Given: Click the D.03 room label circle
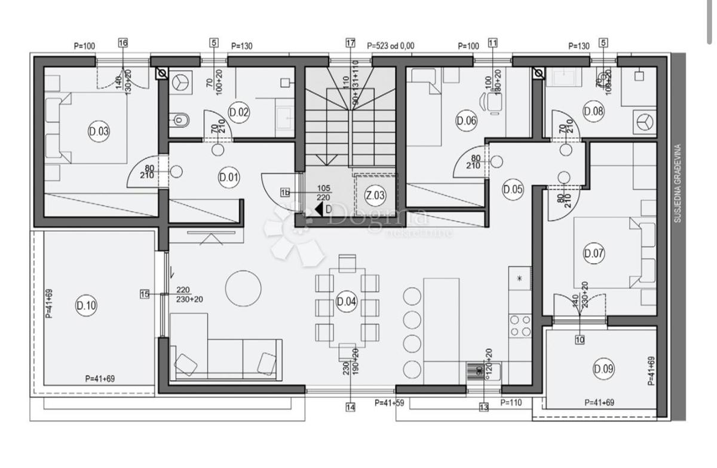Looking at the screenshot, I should [99, 132].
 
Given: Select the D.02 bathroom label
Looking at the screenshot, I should [238, 111].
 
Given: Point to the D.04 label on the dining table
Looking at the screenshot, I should [347, 301].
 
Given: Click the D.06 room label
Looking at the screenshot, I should [466, 121].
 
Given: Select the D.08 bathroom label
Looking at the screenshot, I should [593, 111].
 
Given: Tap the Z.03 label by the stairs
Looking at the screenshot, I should [375, 195].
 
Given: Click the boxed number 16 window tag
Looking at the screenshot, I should [123, 43].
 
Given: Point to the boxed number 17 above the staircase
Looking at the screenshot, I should [350, 43].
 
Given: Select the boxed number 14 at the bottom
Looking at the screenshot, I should [350, 408].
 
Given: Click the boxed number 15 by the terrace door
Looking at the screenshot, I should [144, 294].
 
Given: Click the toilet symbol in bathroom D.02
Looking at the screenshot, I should [179, 121].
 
